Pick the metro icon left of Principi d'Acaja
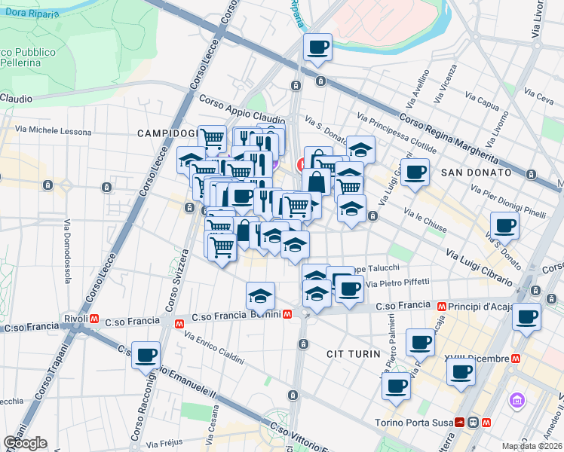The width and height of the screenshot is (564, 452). pos(444,306)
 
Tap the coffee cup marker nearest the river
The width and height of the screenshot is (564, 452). pos(317,48)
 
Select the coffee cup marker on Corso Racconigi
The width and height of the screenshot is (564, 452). pos(146,355)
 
